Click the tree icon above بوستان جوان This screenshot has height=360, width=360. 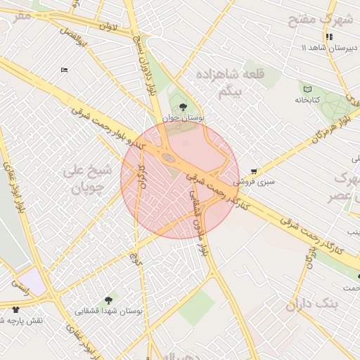[183, 108]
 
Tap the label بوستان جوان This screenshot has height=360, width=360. [183, 119]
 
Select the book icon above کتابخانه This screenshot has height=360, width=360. [307, 89]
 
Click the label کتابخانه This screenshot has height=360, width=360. [307, 100]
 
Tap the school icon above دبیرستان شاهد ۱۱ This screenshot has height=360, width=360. [328, 37]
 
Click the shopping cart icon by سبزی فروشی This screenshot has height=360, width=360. [254, 171]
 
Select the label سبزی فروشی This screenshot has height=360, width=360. [254, 181]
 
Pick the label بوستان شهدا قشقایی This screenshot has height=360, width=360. [108, 310]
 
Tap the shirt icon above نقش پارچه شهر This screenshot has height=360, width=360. [15, 309]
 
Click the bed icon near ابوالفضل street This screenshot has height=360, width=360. [65, 70]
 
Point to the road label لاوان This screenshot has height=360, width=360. [106, 27]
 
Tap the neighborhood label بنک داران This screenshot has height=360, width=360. [312, 304]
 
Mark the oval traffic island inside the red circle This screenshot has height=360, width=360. [169, 158]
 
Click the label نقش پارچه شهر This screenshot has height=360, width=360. [25, 320]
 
